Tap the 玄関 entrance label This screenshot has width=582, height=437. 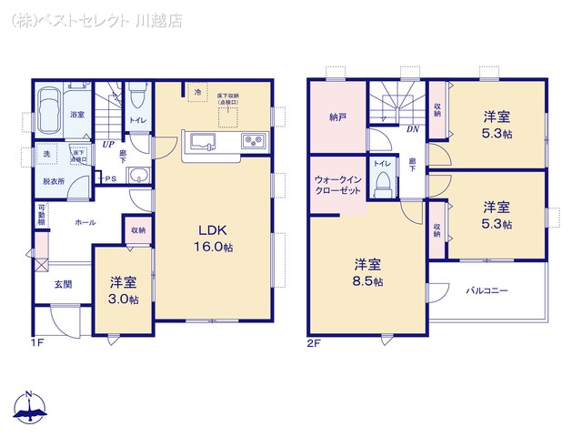pyautogui.click(x=63, y=285)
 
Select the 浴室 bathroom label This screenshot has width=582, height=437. pyautogui.click(x=77, y=115)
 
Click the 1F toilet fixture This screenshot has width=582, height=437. pyautogui.click(x=136, y=95)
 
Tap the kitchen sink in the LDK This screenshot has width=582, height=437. pyautogui.click(x=202, y=141)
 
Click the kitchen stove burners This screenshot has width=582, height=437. pyautogui.click(x=252, y=142)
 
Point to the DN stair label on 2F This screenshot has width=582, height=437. pyautogui.click(x=412, y=129)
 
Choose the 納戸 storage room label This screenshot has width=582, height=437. pyautogui.click(x=337, y=117)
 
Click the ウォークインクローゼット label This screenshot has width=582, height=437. pyautogui.click(x=339, y=186)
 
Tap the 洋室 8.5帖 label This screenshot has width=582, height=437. pyautogui.click(x=368, y=272)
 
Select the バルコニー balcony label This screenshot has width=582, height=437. pyautogui.click(x=487, y=291)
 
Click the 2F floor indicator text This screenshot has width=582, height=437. pyautogui.click(x=315, y=344)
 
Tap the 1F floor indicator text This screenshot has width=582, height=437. pyautogui.click(x=37, y=344)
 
